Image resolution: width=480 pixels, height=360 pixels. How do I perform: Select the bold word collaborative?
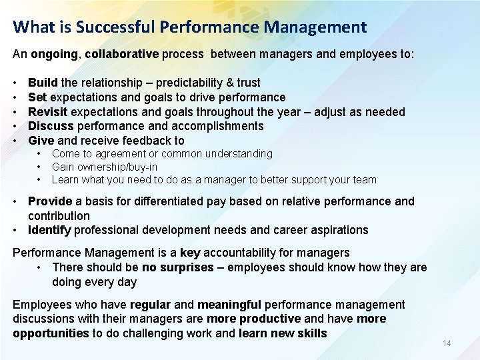(121, 53)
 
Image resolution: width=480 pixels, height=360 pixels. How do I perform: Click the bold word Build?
(43, 83)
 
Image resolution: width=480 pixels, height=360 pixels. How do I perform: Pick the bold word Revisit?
(48, 111)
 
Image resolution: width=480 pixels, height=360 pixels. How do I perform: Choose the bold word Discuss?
(51, 126)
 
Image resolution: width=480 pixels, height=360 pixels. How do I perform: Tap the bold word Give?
(41, 141)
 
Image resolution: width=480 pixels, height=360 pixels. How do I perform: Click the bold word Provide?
(50, 201)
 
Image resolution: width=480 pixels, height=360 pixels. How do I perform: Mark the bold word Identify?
(49, 230)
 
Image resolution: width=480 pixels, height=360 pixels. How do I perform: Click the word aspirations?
(337, 230)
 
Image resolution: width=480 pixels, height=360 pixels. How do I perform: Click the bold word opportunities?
(51, 333)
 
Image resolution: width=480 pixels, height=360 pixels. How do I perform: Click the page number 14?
(447, 343)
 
